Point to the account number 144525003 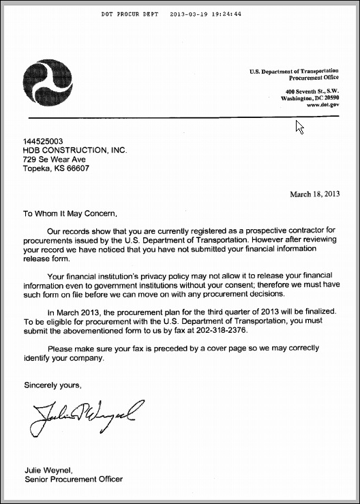pyautogui.click(x=44, y=140)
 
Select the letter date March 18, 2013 pyautogui.click(x=314, y=194)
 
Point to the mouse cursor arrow pyautogui.click(x=299, y=126)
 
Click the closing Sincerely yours pyautogui.click(x=52, y=385)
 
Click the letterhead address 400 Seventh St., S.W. pyautogui.click(x=312, y=91)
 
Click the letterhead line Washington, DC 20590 pyautogui.click(x=310, y=98)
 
